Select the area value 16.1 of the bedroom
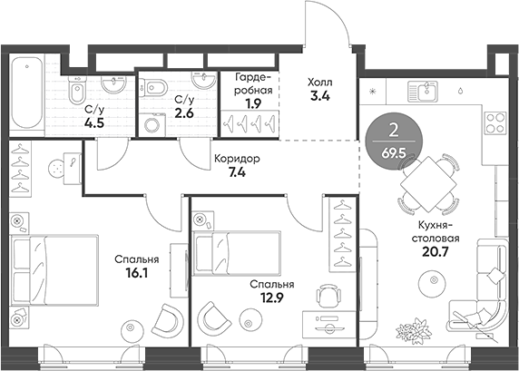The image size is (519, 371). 131,271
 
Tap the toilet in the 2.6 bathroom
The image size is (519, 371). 154,89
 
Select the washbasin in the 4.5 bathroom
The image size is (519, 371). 113,88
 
